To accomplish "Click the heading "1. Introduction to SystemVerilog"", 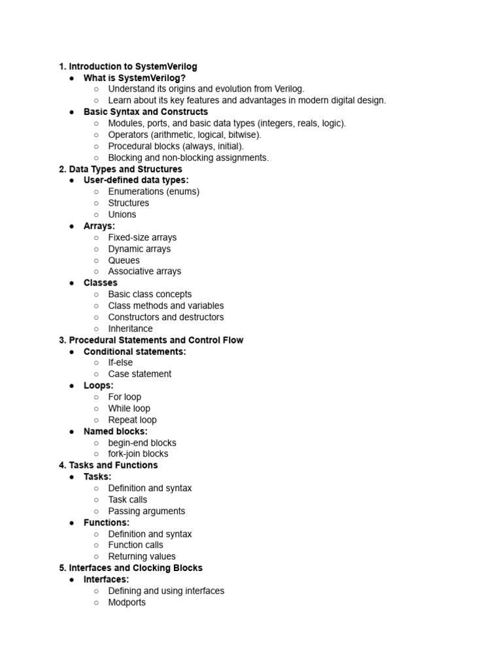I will pos(128,67).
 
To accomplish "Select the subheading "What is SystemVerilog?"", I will pos(135,78).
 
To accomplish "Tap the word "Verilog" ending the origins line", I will pos(288,89).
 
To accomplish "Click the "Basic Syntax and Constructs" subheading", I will pos(146,112).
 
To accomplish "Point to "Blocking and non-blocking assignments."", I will pos(188,157).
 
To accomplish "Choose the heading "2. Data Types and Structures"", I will pos(120,169).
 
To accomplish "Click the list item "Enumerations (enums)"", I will pos(154,191).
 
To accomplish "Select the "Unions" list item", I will pos(122,214).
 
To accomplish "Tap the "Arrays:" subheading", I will pos(99,226).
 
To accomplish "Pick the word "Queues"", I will pos(124,260).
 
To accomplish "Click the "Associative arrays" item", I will pos(144,271).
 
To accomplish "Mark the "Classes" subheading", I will pos(101,283).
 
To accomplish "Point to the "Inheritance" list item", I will pos(131,329).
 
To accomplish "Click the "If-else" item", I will pos(120,363).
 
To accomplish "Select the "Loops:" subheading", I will pos(99,385).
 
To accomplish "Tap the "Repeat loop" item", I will pos(132,420).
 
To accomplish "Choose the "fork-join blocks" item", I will pos(138,454).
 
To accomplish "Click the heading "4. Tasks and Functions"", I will pos(108,465).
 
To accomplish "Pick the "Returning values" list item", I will pos(142,557).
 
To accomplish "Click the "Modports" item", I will pos(127,602).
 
